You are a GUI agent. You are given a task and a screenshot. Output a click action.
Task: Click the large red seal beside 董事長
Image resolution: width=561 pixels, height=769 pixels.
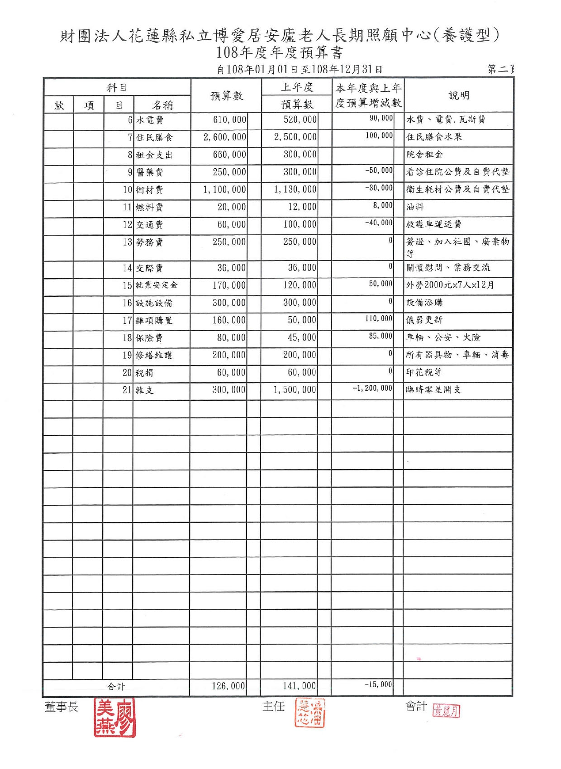click(114, 718)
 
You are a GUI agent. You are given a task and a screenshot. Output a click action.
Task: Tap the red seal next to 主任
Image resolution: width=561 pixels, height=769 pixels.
click(310, 712)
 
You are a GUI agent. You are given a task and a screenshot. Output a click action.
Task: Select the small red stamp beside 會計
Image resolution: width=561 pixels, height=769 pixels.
click(446, 711)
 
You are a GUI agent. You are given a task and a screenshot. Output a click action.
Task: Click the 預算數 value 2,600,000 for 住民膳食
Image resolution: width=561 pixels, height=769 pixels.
click(225, 137)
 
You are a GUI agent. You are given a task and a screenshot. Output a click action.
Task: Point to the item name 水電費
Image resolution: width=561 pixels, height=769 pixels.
click(150, 120)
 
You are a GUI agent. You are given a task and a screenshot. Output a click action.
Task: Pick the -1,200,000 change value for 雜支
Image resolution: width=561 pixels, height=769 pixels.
click(373, 388)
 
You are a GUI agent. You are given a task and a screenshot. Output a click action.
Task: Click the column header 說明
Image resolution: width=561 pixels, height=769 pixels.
click(459, 95)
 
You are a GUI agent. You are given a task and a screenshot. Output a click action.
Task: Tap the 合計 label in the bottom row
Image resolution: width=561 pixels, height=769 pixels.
click(116, 686)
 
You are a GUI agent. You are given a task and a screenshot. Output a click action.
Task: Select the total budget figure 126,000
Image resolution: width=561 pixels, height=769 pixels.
click(228, 686)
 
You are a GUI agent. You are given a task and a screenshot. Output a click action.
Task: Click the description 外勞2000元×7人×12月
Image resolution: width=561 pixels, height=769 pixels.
click(450, 285)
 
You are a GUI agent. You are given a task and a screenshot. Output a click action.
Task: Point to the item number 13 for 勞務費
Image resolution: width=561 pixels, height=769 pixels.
click(127, 242)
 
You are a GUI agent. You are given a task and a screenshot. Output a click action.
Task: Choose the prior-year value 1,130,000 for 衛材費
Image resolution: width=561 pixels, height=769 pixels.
click(295, 190)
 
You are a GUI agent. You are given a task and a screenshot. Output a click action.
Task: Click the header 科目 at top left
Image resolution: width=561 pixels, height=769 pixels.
click(117, 87)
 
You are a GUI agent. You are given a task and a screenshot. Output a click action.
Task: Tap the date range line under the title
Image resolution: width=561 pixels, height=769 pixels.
click(300, 69)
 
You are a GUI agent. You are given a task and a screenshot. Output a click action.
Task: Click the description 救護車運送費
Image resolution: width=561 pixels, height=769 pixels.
click(433, 224)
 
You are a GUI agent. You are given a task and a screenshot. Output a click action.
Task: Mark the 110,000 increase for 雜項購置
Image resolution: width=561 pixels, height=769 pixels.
click(379, 318)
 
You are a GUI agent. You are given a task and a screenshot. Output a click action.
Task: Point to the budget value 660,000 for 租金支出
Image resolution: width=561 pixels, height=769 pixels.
click(230, 155)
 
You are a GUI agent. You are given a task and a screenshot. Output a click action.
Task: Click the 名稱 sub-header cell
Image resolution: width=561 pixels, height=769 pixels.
click(162, 105)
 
